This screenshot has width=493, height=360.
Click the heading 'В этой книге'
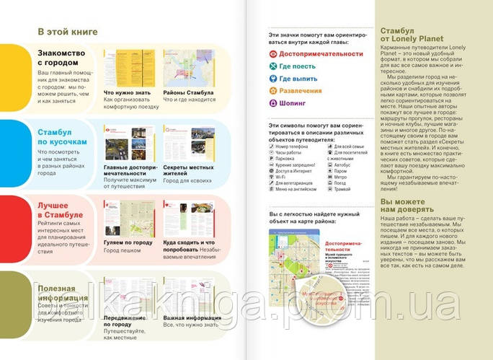click(x=67, y=32)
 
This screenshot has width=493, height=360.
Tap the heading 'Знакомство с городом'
click(x=61, y=58)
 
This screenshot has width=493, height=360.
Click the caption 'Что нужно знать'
click(x=127, y=92)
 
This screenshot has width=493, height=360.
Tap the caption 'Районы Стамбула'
click(x=188, y=92)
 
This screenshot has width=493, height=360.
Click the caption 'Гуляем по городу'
click(x=128, y=243)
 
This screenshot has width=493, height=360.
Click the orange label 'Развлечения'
click(x=301, y=90)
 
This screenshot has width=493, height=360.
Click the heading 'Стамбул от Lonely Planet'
click(x=407, y=37)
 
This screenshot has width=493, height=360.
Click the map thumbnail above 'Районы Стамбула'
click(x=188, y=68)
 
